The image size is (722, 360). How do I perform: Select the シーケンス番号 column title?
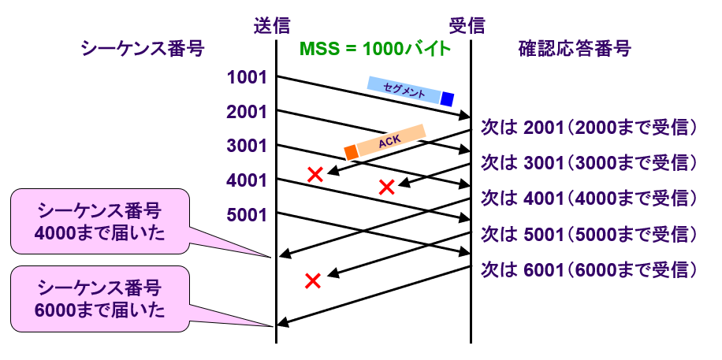142,49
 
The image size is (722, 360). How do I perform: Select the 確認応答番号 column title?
574,49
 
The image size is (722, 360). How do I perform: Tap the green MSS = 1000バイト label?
374,49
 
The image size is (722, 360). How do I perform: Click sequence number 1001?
246,77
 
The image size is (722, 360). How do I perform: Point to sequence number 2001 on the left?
246,112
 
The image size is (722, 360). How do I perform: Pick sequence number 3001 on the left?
246,146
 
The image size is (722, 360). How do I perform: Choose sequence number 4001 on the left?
246,180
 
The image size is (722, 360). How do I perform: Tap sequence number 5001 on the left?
246,214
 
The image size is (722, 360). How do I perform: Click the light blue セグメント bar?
404,89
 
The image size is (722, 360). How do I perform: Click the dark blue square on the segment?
447,98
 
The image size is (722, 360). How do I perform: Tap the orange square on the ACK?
351,152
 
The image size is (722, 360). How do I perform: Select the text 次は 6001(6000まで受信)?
590,269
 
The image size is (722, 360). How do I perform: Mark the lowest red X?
312,280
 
